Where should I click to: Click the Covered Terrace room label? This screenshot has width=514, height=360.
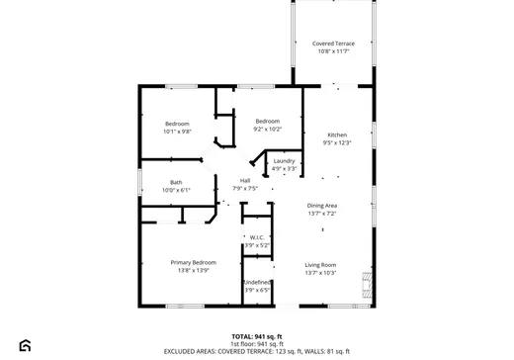click(333, 44)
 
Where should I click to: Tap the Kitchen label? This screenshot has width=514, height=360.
click(337, 135)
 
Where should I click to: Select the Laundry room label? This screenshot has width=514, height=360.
click(285, 161)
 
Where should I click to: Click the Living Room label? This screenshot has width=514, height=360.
click(320, 264)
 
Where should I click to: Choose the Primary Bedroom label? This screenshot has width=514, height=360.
click(193, 262)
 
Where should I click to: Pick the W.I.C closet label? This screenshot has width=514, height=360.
click(255, 237)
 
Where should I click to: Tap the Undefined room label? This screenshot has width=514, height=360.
click(257, 282)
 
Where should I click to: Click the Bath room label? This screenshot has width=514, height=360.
click(176, 182)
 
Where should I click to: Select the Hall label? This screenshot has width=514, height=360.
click(244, 180)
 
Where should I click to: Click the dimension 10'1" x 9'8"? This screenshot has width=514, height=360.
click(178, 131)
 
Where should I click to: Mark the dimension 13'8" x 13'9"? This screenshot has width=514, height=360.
click(193, 270)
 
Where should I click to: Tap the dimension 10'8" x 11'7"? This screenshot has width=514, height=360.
click(333, 51)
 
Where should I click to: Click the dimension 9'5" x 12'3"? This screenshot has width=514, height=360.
click(337, 142)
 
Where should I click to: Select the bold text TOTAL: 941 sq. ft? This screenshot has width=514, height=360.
click(257, 336)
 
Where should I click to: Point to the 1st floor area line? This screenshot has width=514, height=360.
click(257, 343)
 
